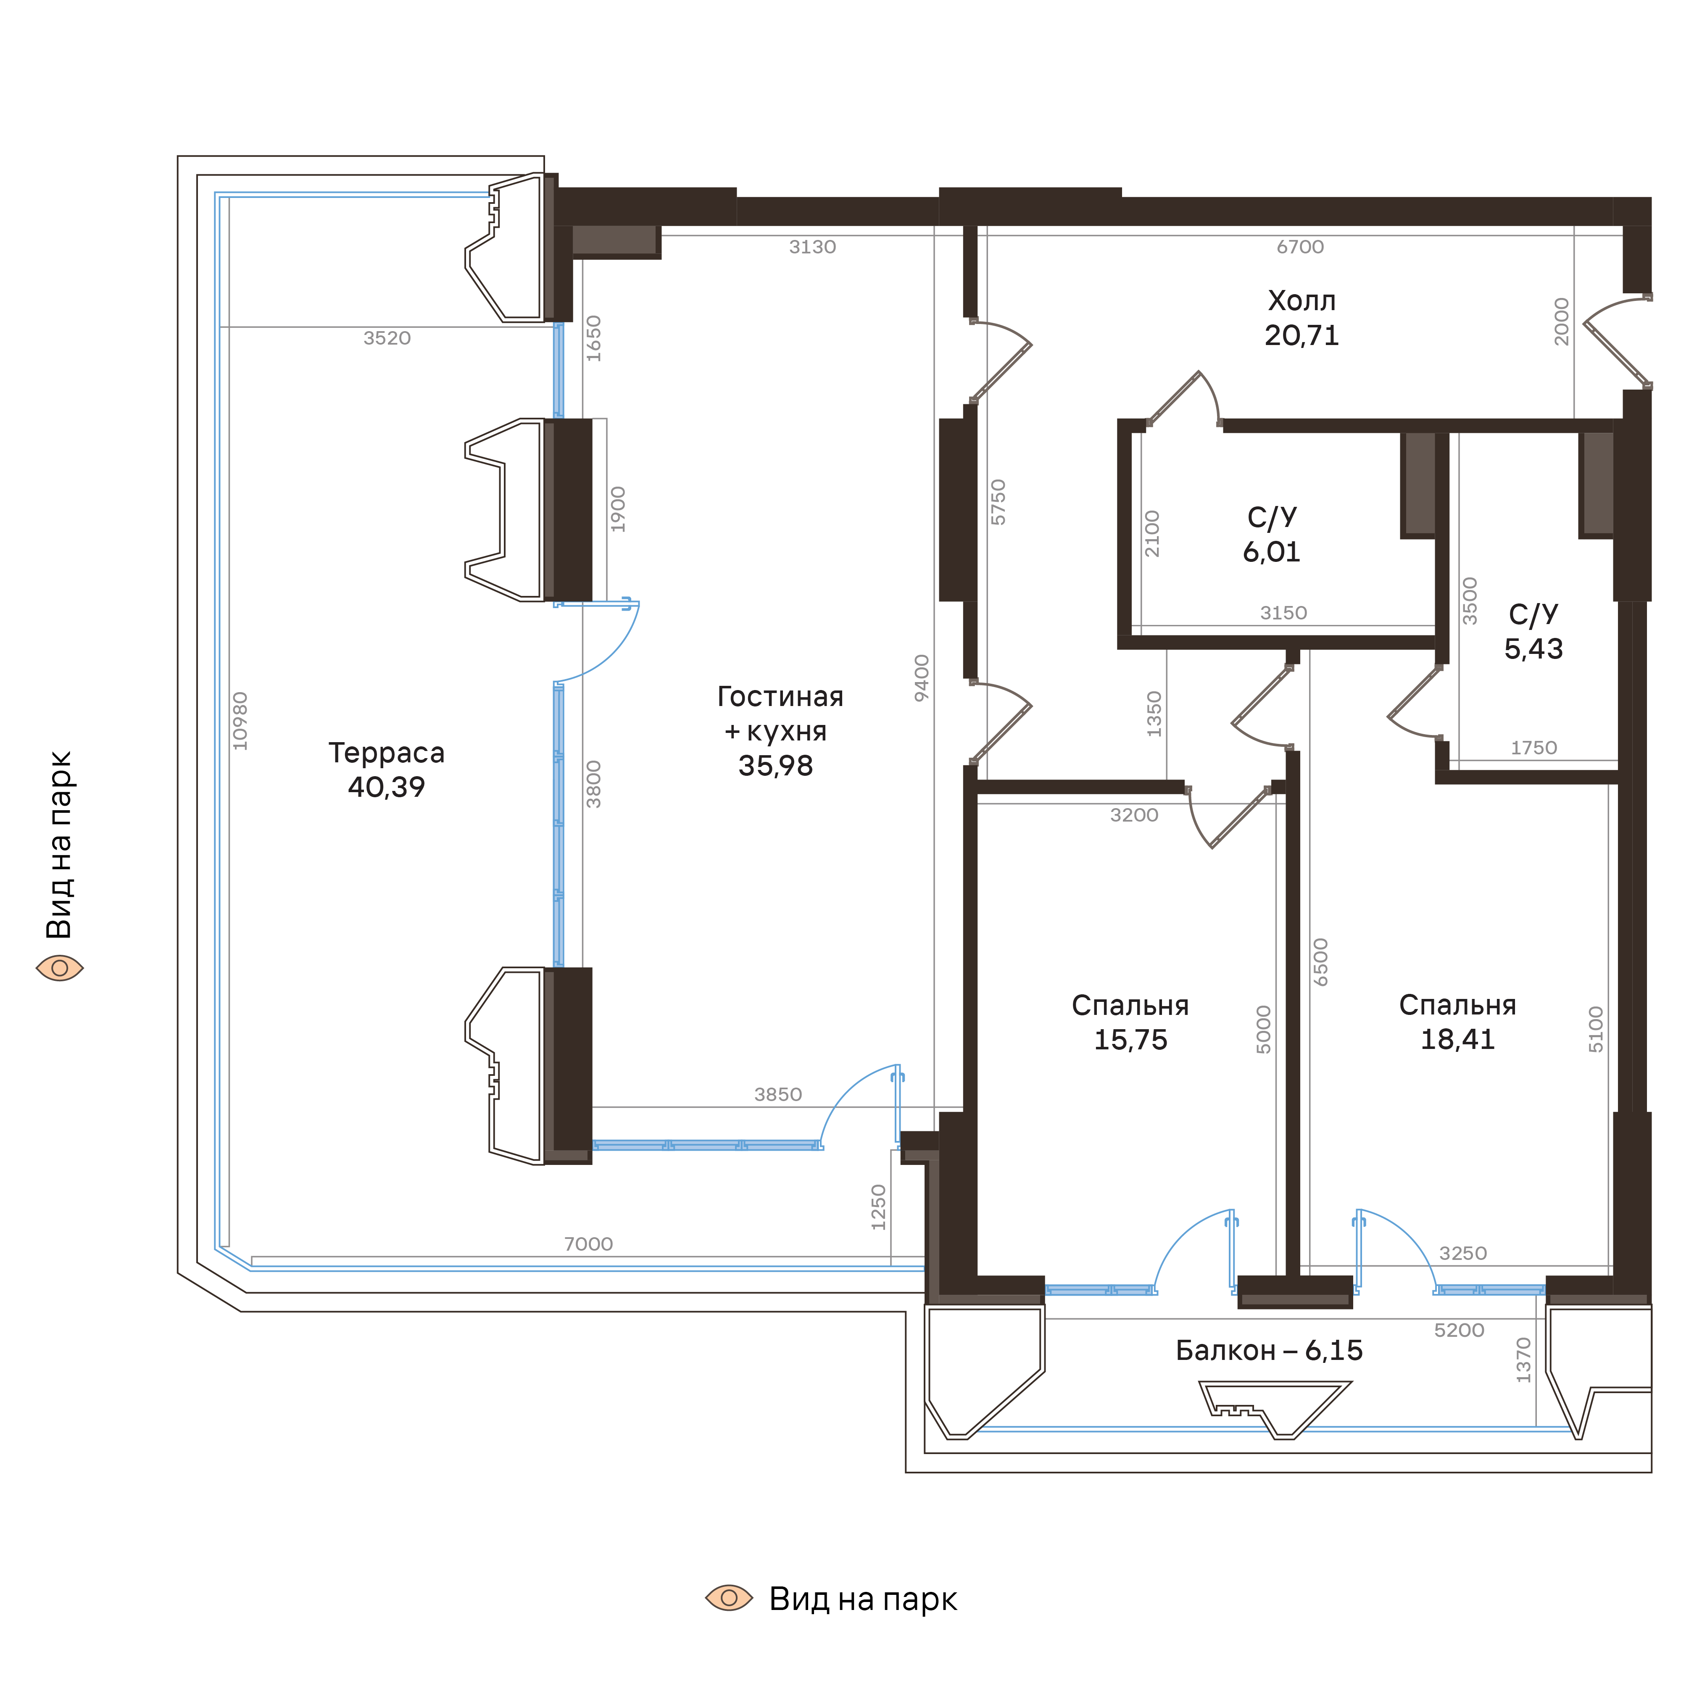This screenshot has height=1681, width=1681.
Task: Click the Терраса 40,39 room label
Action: coord(386,769)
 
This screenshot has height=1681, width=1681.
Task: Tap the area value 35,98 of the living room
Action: coord(775,766)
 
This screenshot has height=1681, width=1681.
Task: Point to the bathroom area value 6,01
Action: coord(1271,552)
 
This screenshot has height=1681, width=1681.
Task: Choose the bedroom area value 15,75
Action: coord(1130,1040)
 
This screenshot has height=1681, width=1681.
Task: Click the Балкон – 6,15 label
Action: coord(1269,1350)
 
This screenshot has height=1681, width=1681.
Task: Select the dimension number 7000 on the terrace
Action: coord(588,1244)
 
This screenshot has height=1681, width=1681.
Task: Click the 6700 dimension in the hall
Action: coord(1300,247)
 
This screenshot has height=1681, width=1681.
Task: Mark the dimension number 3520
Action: coord(387,337)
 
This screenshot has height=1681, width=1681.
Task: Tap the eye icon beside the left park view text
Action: coord(59,967)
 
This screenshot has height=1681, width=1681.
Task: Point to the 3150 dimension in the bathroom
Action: coord(1283,613)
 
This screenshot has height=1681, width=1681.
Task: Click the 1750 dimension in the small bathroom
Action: coord(1533,747)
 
